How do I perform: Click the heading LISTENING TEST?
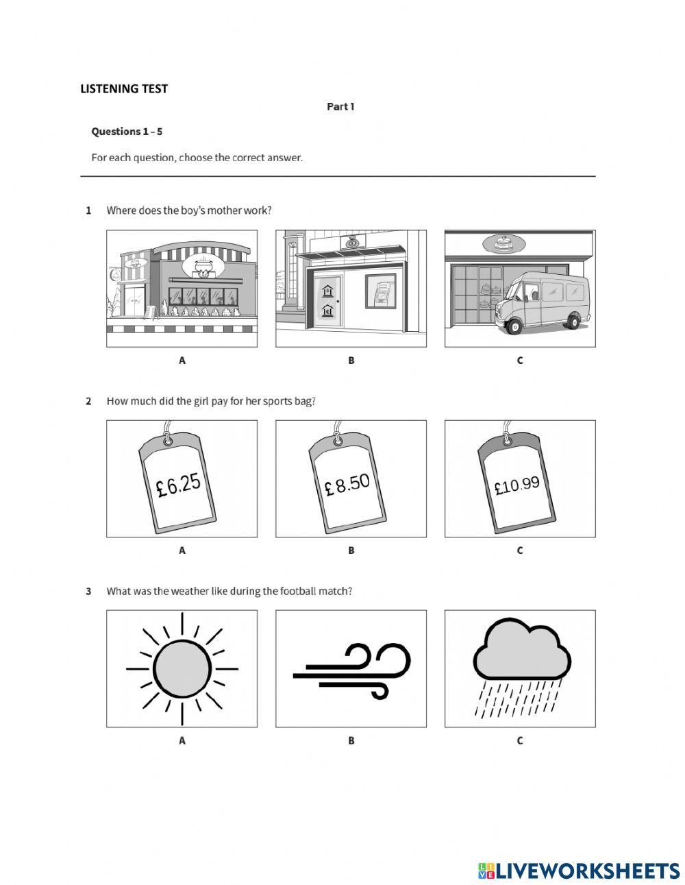124,88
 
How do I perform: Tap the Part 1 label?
340,106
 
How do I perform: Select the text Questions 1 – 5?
127,132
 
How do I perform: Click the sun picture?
182,668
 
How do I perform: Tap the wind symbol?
351,669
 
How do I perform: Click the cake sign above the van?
503,243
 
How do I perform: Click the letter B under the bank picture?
351,360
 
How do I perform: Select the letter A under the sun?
182,740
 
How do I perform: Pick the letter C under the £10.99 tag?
520,550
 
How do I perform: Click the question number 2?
88,401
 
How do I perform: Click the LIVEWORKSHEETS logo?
578,871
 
